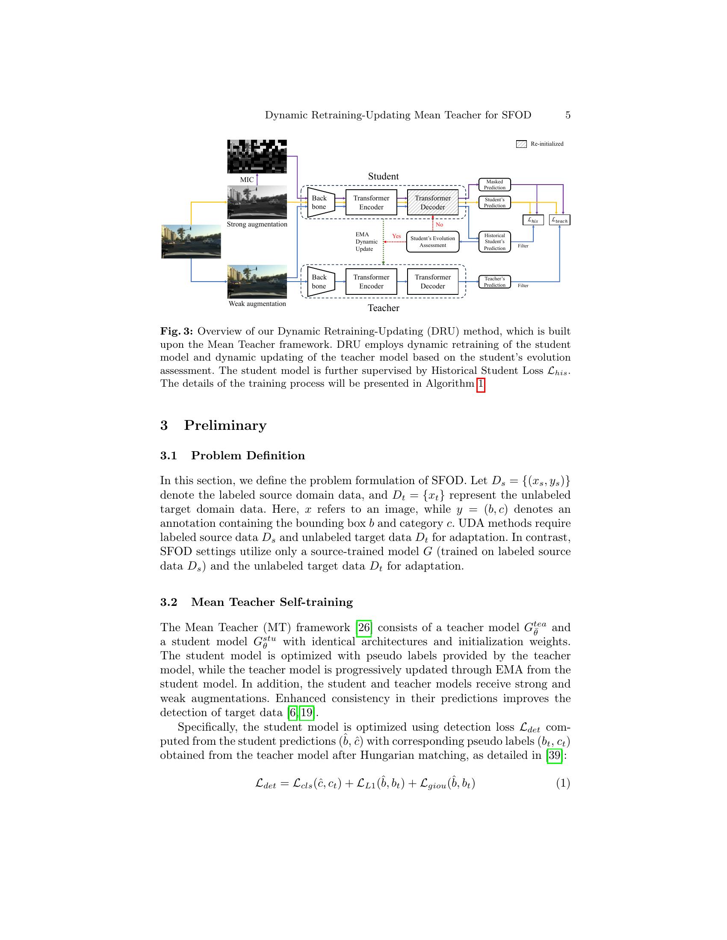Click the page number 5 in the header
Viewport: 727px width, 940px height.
pos(567,115)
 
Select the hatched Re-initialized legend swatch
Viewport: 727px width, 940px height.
pos(521,144)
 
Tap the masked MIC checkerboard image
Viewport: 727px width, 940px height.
pos(257,156)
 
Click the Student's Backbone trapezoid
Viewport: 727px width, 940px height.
pos(320,202)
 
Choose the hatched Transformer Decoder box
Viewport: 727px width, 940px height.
pos(432,202)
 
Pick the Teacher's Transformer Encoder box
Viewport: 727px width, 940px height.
pos(371,282)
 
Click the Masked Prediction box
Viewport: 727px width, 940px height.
pos(494,185)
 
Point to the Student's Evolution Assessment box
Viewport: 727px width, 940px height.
pos(432,242)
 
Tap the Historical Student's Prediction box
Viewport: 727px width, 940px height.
pos(494,242)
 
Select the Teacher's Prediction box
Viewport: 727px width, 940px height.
pos(494,282)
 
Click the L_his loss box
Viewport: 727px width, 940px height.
pos(533,220)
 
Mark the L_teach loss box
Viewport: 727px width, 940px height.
pos(559,220)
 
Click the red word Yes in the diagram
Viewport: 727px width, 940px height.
pos(396,236)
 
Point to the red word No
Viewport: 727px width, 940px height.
pos(439,225)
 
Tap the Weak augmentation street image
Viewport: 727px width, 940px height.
pos(257,282)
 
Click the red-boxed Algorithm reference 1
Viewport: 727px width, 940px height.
pos(481,384)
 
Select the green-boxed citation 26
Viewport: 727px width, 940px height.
pos(364,628)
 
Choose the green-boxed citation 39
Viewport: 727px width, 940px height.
pos(554,755)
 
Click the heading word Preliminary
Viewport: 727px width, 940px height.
pos(225,425)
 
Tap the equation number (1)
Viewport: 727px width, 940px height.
pos(562,783)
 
